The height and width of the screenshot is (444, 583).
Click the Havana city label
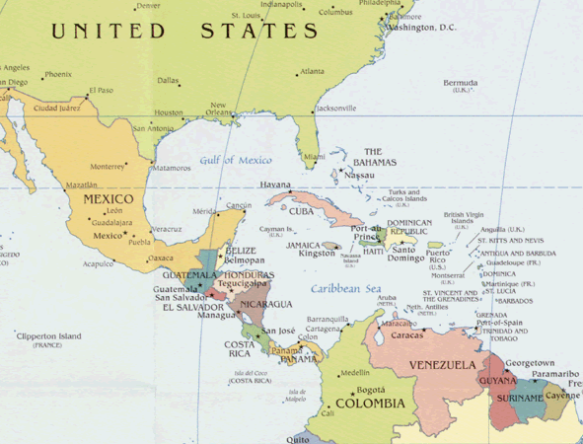pyautogui.click(x=275, y=185)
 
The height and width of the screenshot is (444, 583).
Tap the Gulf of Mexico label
pyautogui.click(x=235, y=160)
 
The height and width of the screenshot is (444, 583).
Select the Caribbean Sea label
pyautogui.click(x=345, y=288)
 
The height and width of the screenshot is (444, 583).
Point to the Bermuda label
pyautogui.click(x=460, y=83)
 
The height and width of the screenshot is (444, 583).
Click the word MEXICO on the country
pyautogui.click(x=109, y=199)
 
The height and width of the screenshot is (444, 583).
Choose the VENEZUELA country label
pyautogui.click(x=444, y=366)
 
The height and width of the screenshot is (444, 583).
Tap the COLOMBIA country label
pyautogui.click(x=370, y=404)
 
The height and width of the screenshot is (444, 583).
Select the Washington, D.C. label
pyautogui.click(x=421, y=28)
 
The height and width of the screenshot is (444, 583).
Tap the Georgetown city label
pyautogui.click(x=530, y=363)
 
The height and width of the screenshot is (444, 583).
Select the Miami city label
pyautogui.click(x=314, y=156)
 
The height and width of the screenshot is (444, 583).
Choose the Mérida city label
pyautogui.click(x=204, y=211)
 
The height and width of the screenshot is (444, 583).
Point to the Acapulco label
pyautogui.click(x=99, y=263)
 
